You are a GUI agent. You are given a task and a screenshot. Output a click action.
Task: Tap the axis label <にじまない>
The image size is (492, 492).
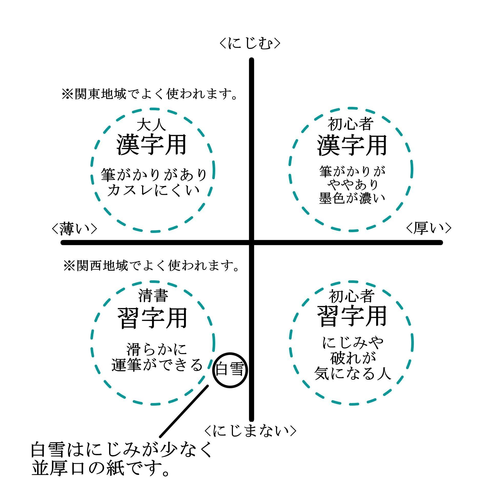(x=250, y=431)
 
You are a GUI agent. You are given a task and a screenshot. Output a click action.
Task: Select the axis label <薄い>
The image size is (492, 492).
(x=74, y=229)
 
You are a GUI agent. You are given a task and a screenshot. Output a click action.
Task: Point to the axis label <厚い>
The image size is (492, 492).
(x=429, y=228)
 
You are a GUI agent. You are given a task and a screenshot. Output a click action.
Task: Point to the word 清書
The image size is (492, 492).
(x=153, y=296)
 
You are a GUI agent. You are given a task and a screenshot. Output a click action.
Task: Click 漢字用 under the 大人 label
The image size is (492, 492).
(x=152, y=145)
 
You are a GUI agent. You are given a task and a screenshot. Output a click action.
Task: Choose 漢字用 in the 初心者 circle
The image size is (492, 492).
(x=352, y=145)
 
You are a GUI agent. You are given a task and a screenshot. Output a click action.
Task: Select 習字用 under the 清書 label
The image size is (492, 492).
(x=152, y=318)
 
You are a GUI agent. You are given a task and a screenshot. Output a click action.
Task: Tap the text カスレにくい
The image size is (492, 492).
(x=153, y=190)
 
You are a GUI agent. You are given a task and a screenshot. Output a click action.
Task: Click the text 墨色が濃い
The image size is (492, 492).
(x=352, y=198)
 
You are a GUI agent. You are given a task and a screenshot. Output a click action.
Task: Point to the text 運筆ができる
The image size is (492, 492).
(x=157, y=365)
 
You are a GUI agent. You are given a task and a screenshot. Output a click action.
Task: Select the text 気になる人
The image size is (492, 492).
(x=353, y=373)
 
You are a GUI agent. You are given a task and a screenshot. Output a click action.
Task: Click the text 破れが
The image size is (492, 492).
(x=353, y=358)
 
